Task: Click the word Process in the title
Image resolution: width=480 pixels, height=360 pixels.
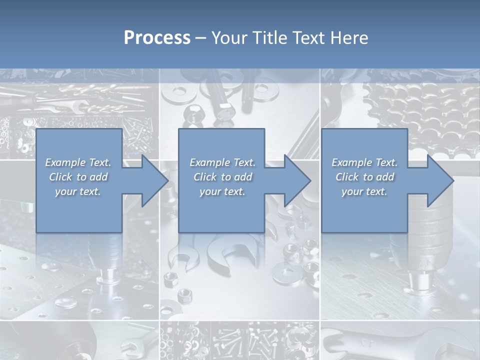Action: (x=157, y=38)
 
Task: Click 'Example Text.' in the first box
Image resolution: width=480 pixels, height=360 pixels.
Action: (x=78, y=162)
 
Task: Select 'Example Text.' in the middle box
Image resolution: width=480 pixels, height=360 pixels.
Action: (x=222, y=162)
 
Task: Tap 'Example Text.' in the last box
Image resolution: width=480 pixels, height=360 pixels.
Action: (x=364, y=162)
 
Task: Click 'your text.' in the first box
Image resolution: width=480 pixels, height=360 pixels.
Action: (x=78, y=191)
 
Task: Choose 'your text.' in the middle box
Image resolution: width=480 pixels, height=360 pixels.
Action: (x=222, y=191)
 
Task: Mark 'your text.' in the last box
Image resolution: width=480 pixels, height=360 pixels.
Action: (x=364, y=191)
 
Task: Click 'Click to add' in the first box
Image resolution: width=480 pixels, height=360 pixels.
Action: (x=78, y=177)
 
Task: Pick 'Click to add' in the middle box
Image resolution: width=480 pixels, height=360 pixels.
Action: (x=222, y=177)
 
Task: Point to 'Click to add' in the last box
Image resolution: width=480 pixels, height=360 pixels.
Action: (x=364, y=177)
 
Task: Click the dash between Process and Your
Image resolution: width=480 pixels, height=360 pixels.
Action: (x=200, y=38)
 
